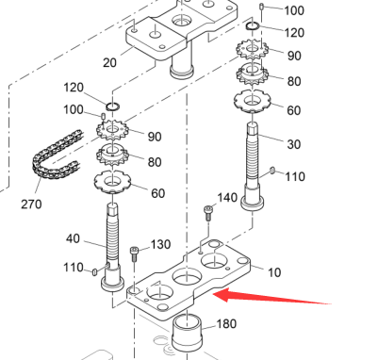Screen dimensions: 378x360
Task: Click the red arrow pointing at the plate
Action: click(x=272, y=297)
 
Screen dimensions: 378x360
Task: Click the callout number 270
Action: click(x=31, y=205)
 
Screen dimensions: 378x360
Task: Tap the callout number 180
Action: click(x=226, y=323)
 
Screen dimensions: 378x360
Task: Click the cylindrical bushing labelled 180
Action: click(x=187, y=334)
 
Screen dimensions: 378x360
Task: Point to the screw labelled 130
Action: click(x=134, y=254)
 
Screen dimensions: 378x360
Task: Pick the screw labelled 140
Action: click(x=208, y=213)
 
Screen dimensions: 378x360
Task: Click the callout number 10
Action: click(x=274, y=272)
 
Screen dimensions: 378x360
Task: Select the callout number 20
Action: click(x=109, y=63)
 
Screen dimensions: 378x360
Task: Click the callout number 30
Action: click(x=294, y=144)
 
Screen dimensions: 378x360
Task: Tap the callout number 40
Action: click(x=73, y=239)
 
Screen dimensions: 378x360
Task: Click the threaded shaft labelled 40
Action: click(x=112, y=247)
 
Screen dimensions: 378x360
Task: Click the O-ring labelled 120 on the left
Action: click(x=112, y=106)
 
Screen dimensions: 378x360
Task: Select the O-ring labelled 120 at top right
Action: click(x=253, y=26)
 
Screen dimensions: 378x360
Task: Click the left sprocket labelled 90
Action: click(x=112, y=129)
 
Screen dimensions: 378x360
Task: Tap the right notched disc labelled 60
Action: click(x=253, y=101)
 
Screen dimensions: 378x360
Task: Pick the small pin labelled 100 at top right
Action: click(x=261, y=7)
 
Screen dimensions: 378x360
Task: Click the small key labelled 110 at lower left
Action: click(x=94, y=271)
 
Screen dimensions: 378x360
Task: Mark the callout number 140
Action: click(x=227, y=198)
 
